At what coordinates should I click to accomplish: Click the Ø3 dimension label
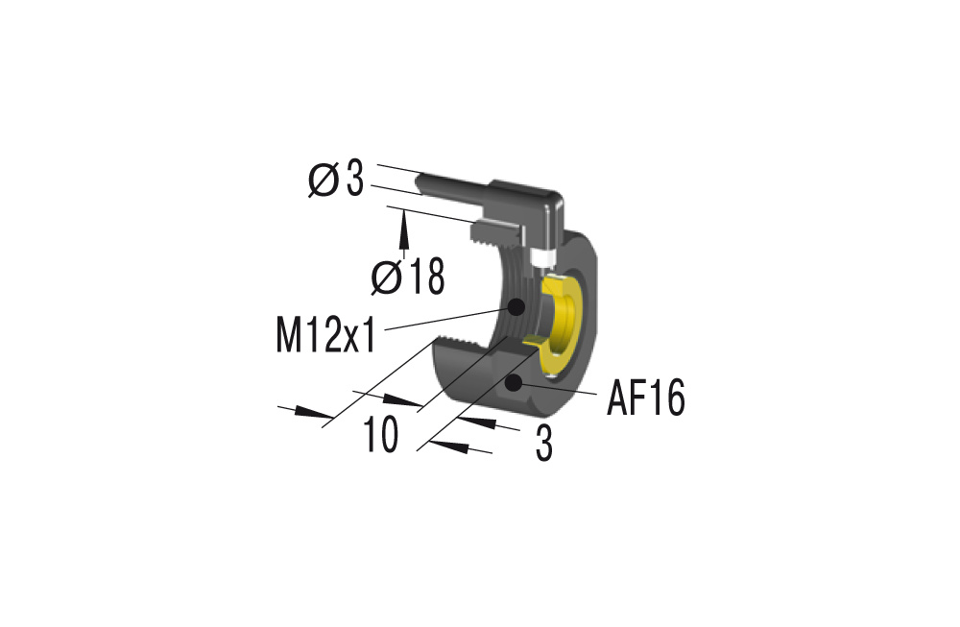coord(336,180)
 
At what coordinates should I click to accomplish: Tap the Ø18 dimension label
coord(408,277)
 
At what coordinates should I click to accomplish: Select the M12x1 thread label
coord(325,334)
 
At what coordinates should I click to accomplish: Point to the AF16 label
coord(645,398)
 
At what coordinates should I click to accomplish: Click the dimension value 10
coord(381,433)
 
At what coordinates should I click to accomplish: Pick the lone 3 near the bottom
coord(543,443)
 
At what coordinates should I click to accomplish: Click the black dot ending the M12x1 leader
coord(516,305)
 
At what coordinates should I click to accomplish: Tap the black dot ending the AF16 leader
coord(513,383)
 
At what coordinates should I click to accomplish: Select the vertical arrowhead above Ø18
coord(403,229)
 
